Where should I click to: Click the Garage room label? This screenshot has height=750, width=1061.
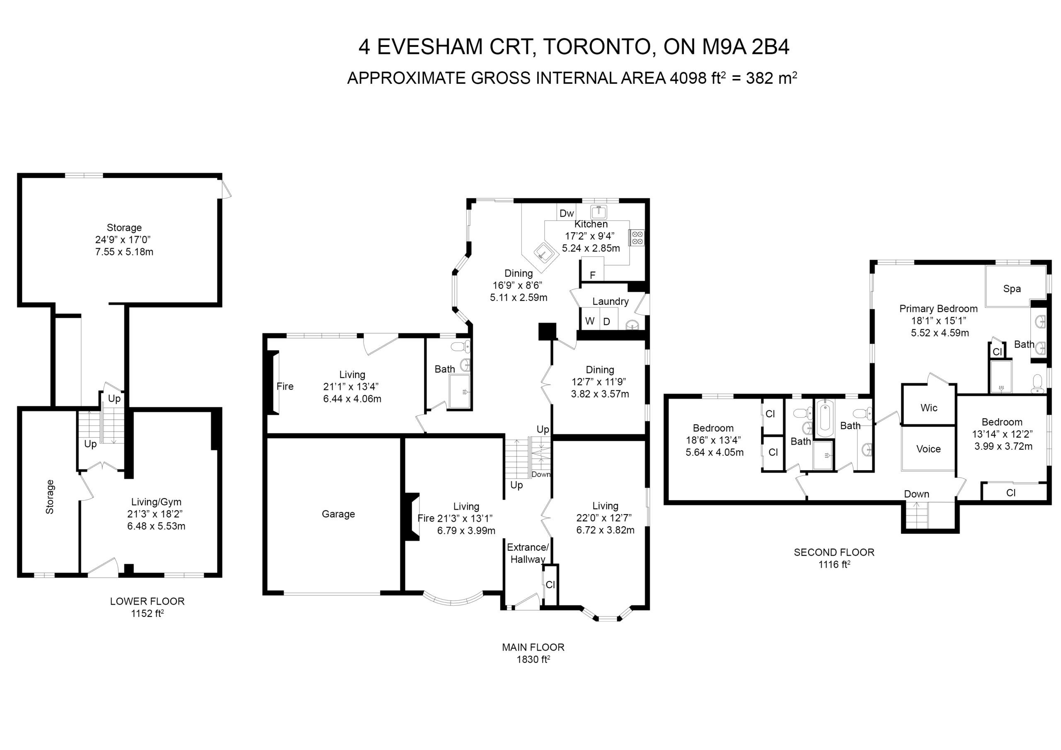(338, 514)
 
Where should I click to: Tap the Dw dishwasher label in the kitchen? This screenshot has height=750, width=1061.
(567, 213)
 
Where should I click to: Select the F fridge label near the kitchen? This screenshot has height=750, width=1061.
(592, 276)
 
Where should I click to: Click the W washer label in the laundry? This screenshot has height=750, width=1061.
(590, 321)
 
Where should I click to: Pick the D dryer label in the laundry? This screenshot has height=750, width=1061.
(607, 322)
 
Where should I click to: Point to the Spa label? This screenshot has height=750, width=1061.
(1012, 289)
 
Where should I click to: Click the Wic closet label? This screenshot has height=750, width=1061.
(929, 408)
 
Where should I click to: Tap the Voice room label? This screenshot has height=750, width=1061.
(928, 449)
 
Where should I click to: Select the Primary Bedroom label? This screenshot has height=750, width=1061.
(939, 309)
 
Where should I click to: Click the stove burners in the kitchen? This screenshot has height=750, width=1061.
(637, 237)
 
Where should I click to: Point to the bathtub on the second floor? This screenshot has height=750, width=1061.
(824, 419)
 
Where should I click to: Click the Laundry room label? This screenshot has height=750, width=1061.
(610, 301)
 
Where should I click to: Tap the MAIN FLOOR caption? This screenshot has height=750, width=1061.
(533, 647)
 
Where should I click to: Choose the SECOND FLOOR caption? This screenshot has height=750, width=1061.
(834, 552)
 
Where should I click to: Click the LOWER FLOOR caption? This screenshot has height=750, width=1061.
(147, 601)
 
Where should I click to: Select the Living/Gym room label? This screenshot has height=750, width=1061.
(156, 502)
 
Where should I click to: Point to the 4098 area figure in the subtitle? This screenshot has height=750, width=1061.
(688, 78)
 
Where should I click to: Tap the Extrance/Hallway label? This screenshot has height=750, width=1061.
(528, 553)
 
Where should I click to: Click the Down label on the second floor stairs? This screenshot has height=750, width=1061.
(916, 494)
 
